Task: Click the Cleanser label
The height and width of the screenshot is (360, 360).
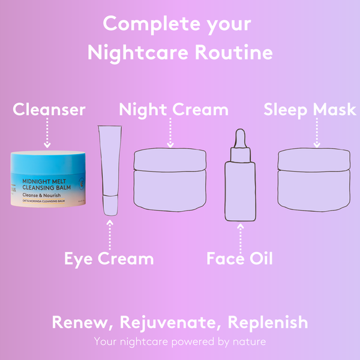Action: pyautogui.click(x=49, y=110)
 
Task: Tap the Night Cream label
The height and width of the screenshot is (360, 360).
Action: pyautogui.click(x=173, y=110)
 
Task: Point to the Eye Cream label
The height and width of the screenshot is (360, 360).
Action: pyautogui.click(x=109, y=259)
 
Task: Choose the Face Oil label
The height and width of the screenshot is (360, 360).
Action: pyautogui.click(x=239, y=259)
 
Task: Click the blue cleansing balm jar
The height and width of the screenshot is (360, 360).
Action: pyautogui.click(x=47, y=181)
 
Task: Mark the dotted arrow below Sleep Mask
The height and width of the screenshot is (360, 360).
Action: pyautogui.click(x=316, y=132)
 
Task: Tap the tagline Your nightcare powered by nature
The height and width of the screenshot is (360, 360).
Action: pyautogui.click(x=180, y=341)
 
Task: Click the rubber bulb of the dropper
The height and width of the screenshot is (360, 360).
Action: pyautogui.click(x=239, y=139)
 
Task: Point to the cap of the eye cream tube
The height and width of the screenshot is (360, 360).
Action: pyautogui.click(x=110, y=205)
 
